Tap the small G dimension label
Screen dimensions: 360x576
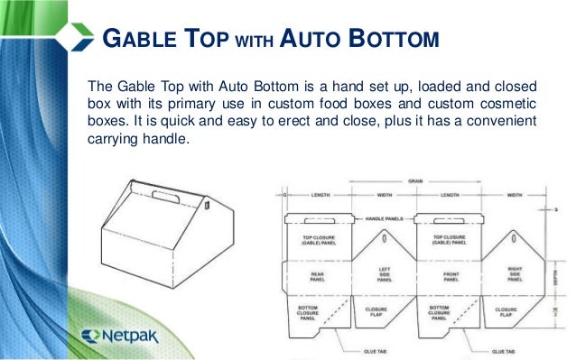coord(284,194)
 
